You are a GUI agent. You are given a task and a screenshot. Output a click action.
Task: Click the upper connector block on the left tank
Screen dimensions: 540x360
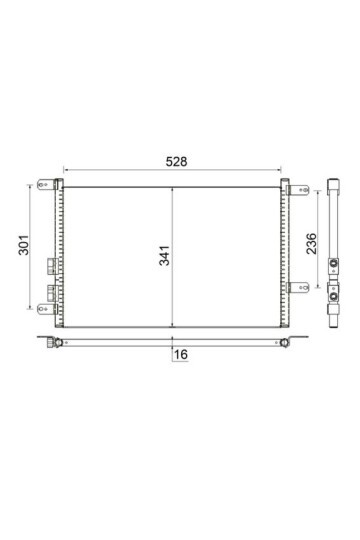pos(50,267)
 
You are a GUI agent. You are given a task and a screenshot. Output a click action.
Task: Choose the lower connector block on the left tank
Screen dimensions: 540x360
pos(50,293)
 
